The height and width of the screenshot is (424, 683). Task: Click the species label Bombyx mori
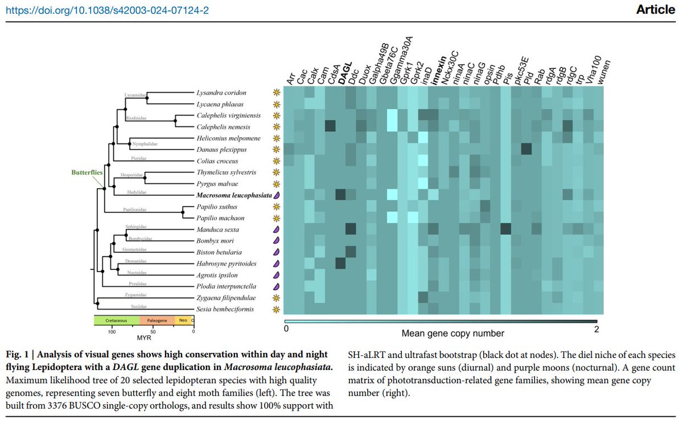(x=212, y=241)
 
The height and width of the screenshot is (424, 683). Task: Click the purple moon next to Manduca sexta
(x=277, y=229)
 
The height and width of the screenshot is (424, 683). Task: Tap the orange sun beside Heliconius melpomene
(x=277, y=138)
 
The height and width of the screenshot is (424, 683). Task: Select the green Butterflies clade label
(x=87, y=172)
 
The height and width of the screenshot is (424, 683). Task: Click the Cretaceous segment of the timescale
(x=116, y=320)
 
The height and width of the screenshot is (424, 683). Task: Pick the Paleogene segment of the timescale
(x=157, y=320)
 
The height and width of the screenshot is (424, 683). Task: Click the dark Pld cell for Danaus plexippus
(x=526, y=149)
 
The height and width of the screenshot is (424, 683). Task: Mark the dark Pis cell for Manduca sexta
(x=506, y=229)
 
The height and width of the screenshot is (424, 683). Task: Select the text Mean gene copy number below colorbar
(x=453, y=333)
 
